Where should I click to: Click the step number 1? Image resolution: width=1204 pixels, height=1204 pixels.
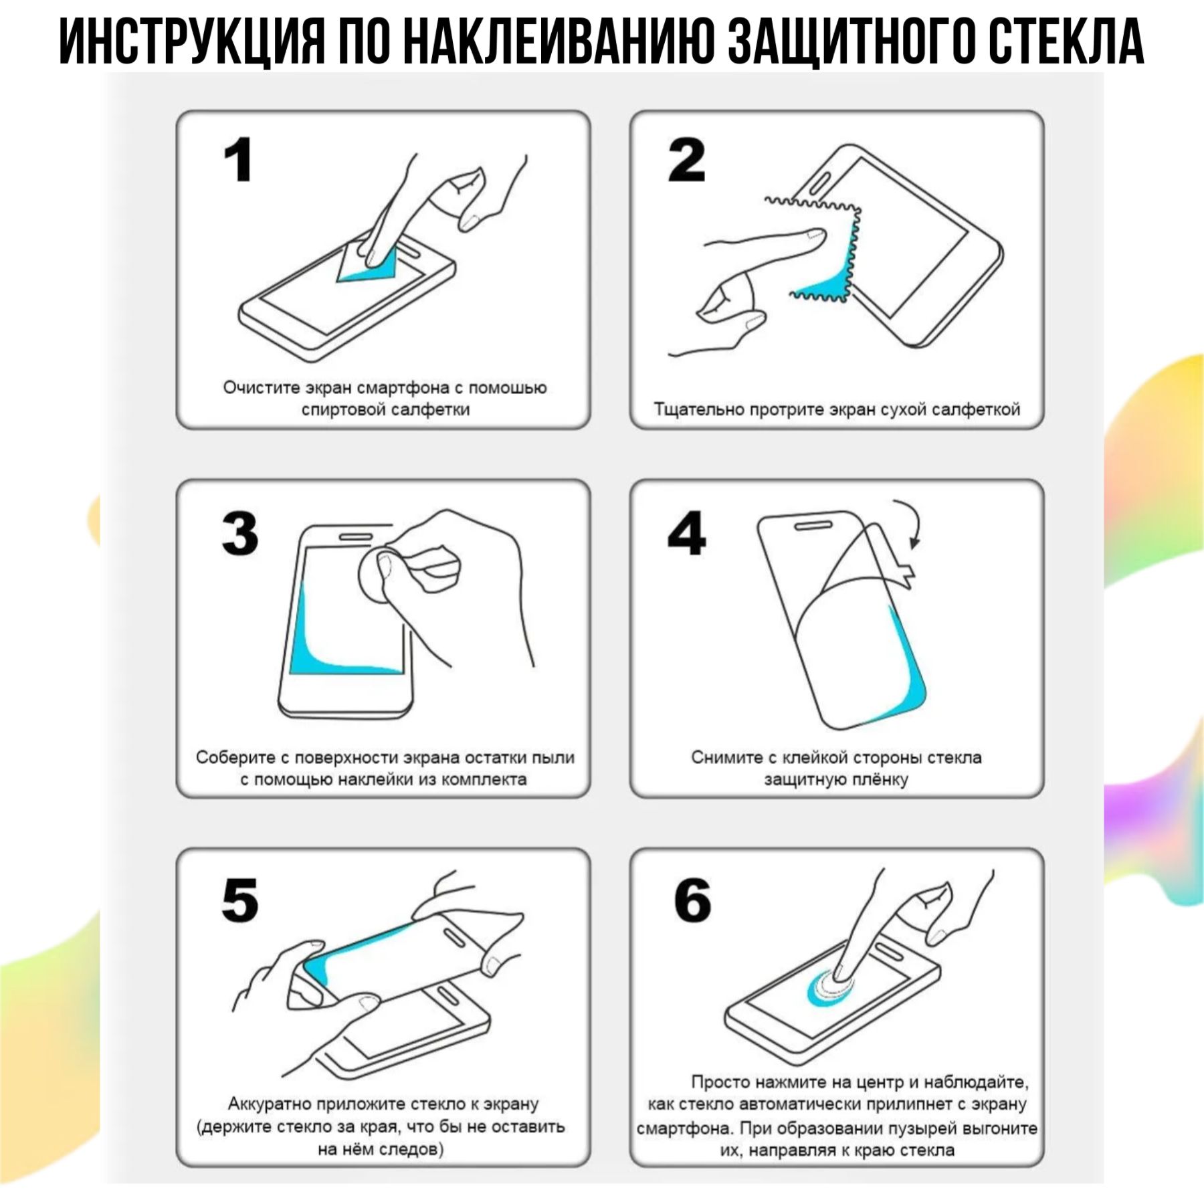[238, 160]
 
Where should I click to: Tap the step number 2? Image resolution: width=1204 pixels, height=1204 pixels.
[686, 160]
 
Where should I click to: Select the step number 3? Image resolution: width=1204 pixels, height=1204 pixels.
[240, 533]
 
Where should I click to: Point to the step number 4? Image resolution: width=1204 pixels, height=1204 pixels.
[686, 533]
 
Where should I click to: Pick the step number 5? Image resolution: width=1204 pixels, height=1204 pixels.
[240, 900]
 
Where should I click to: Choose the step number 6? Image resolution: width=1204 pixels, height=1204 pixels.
[692, 900]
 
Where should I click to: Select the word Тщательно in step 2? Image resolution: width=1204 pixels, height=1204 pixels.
[698, 409]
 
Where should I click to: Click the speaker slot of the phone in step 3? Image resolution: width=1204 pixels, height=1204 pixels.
[356, 536]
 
